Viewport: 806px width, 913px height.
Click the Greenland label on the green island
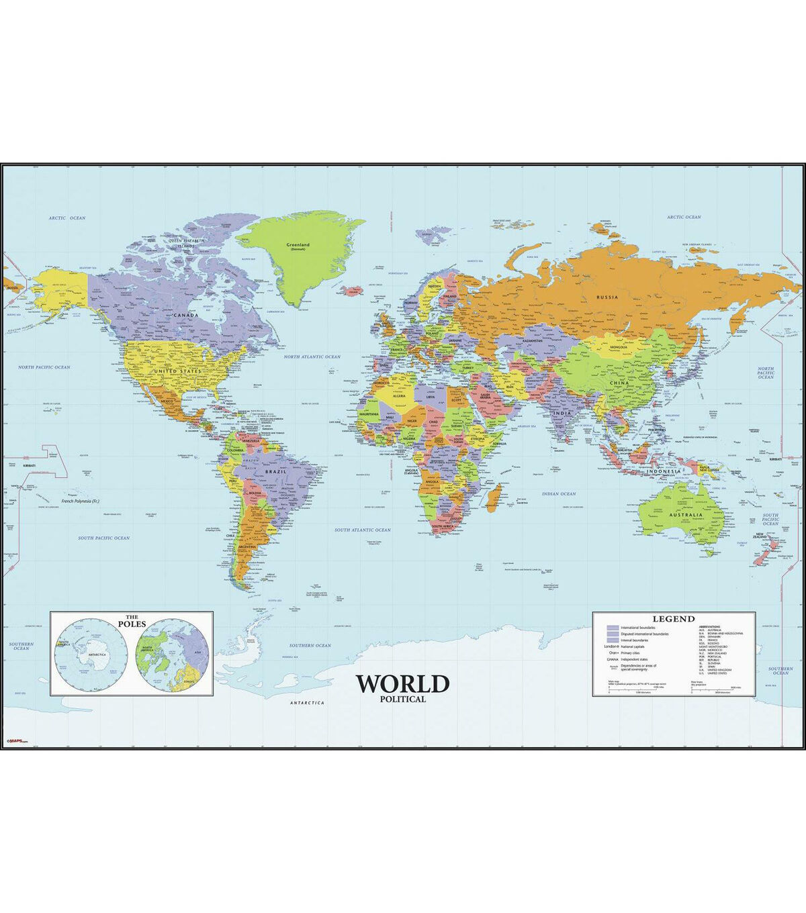coord(297,246)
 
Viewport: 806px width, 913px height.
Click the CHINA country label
coord(618,383)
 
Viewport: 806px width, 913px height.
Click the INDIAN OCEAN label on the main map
coord(559,494)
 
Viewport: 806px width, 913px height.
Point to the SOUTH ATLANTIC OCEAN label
coord(363,530)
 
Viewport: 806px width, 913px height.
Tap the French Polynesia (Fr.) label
coord(85,501)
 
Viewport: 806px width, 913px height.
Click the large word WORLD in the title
coord(402,683)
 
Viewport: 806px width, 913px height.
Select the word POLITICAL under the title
coord(402,699)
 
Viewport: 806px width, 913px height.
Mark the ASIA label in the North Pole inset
coord(196,652)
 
